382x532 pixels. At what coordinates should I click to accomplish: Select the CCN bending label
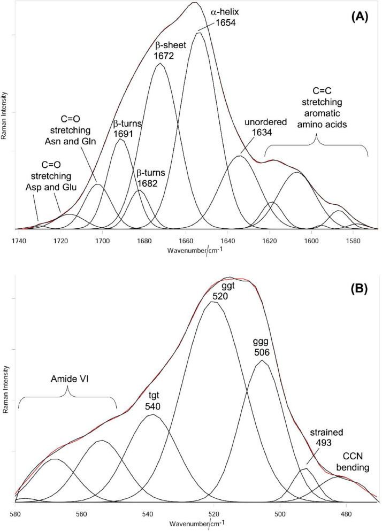(355, 463)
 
